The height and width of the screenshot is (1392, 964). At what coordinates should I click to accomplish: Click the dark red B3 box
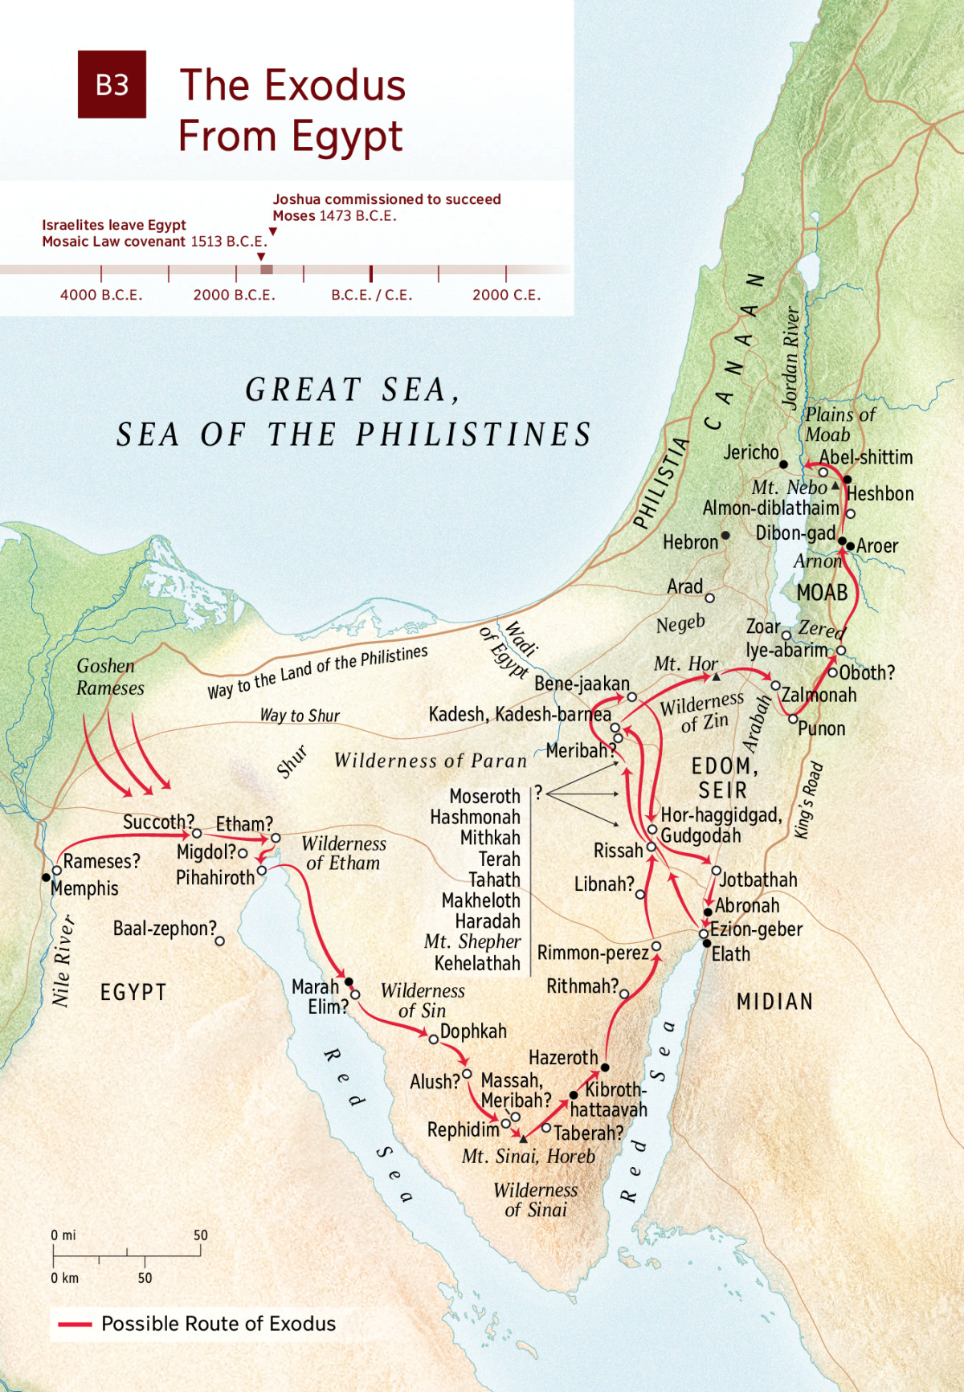click(x=112, y=84)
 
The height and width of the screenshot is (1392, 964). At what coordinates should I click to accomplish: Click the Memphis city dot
click(x=46, y=877)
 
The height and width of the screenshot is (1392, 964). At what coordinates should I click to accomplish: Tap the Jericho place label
click(x=751, y=452)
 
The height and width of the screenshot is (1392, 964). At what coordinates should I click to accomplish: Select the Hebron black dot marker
click(x=725, y=535)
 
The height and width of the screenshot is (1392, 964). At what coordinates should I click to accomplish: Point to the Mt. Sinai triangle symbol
click(x=524, y=1139)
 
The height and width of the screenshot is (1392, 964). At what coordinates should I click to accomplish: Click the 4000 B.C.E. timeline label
click(x=101, y=295)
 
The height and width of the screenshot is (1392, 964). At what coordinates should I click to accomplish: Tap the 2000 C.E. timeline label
click(x=506, y=295)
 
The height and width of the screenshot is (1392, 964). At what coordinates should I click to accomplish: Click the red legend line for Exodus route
click(x=75, y=1324)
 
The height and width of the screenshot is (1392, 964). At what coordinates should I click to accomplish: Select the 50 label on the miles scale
click(x=200, y=1235)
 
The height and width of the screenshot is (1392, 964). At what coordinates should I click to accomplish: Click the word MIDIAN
click(x=774, y=1002)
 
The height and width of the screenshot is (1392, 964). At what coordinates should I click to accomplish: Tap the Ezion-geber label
click(x=756, y=929)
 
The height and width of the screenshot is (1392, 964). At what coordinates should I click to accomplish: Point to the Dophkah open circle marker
click(x=433, y=1039)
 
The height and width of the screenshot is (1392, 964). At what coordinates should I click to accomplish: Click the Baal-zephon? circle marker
click(x=220, y=941)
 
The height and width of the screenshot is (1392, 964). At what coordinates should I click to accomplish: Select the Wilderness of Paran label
click(x=431, y=761)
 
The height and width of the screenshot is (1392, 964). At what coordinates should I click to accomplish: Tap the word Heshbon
click(x=880, y=493)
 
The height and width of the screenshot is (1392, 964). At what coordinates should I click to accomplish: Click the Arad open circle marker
click(x=709, y=598)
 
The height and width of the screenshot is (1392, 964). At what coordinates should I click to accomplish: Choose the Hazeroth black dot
click(x=605, y=1067)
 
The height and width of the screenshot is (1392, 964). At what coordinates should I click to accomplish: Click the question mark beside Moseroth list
click(x=539, y=792)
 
